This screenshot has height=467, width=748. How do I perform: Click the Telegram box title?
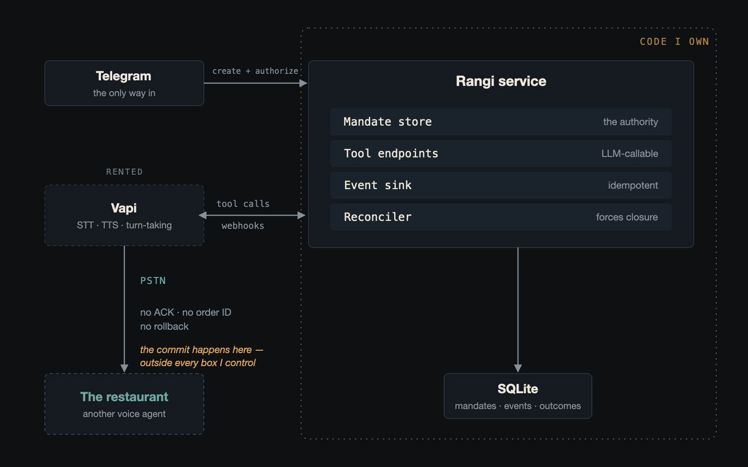tap(123, 77)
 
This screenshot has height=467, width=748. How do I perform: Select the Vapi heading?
tap(124, 208)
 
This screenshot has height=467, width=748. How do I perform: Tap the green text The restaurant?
tap(124, 397)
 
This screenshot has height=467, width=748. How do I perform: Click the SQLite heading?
tap(518, 389)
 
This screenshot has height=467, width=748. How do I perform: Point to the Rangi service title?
tap(501, 81)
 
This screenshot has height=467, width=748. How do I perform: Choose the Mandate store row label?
tap(388, 122)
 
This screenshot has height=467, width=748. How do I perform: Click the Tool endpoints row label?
tap(391, 154)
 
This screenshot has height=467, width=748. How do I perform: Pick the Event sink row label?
tap(378, 185)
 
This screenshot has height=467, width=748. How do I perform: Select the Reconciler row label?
tap(378, 217)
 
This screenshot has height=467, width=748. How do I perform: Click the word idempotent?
tap(633, 185)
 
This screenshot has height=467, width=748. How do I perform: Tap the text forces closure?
tap(627, 217)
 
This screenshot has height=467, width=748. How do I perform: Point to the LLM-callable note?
tap(630, 154)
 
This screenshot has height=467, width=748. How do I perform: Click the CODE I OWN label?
tap(674, 42)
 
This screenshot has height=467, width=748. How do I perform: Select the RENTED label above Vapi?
tap(124, 172)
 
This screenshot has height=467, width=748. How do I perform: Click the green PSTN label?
tap(153, 281)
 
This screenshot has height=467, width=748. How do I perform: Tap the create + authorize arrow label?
tap(255, 71)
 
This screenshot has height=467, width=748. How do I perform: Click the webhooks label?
tap(243, 226)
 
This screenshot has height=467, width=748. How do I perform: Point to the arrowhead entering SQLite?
tap(518, 368)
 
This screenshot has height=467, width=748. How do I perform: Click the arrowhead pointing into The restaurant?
tap(124, 368)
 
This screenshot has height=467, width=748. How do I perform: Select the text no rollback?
tap(164, 326)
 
